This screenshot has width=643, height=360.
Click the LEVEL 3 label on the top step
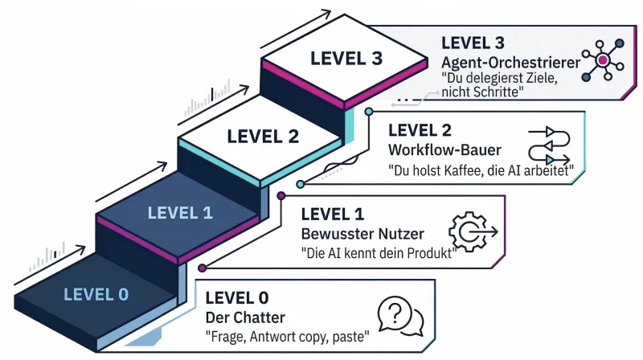tap(336, 59)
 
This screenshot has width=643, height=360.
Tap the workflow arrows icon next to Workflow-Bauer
tap(550, 145)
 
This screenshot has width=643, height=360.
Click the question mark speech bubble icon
tap(399, 316)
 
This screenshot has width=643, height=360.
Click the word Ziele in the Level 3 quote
tap(535, 78)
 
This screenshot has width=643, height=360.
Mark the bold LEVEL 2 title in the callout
tap(420, 130)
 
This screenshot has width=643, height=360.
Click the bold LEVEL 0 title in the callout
tap(237, 298)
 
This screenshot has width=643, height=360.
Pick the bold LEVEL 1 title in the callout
tap(332, 215)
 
